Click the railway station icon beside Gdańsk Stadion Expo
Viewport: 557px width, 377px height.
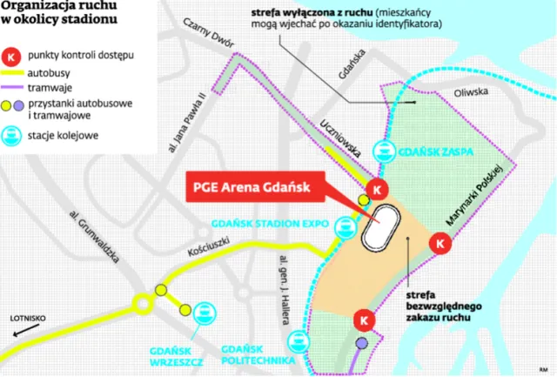[342, 226]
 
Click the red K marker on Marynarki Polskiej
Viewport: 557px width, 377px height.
[440, 245]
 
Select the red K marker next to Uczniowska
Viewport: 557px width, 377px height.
[376, 189]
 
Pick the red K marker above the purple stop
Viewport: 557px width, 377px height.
[362, 320]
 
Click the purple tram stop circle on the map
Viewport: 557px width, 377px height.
[361, 344]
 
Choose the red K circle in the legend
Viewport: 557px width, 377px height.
[13, 55]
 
